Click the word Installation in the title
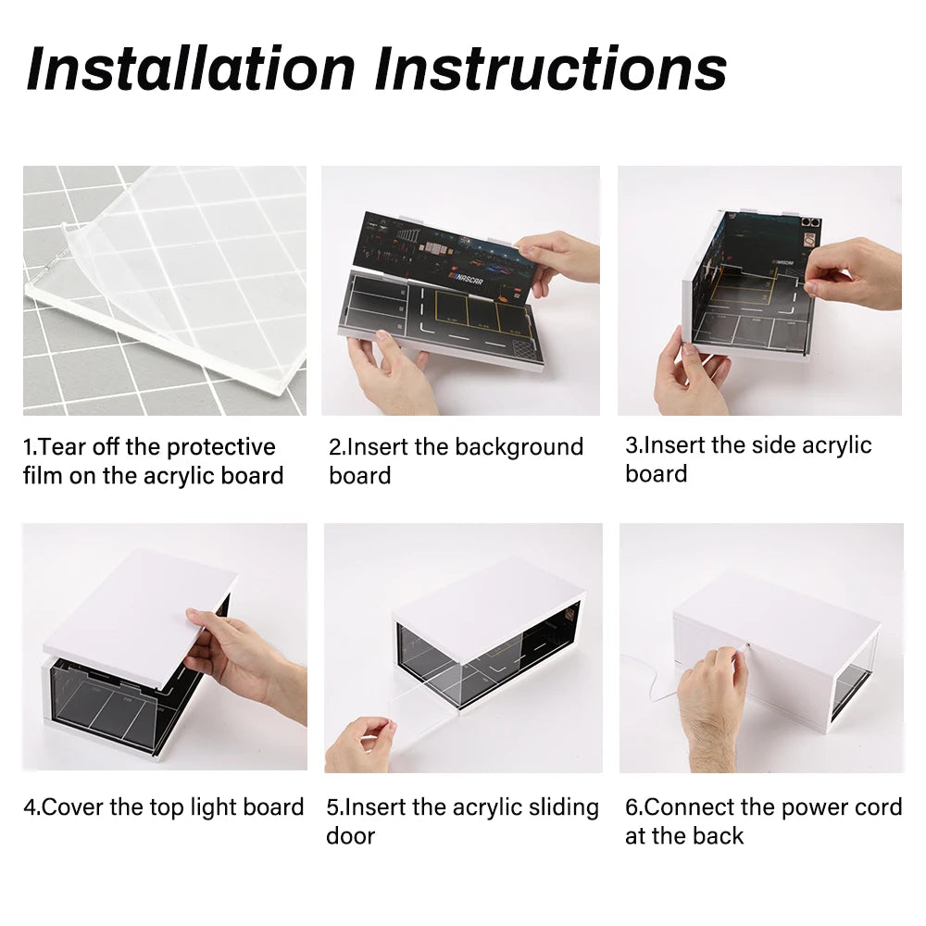pos(190,69)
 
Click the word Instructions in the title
pos(550,69)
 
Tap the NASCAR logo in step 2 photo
pos(467,278)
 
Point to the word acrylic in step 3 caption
pos(837,446)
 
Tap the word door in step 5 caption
pos(351,836)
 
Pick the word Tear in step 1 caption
pos(62,447)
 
